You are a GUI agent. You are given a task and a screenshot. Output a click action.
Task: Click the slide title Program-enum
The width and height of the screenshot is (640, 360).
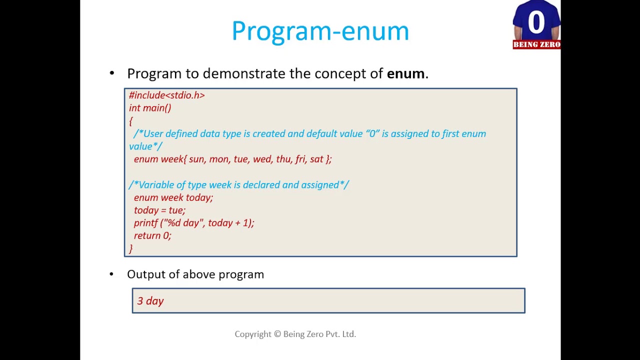pos(320,31)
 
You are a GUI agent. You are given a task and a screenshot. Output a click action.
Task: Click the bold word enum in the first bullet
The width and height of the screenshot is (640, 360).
pos(405,73)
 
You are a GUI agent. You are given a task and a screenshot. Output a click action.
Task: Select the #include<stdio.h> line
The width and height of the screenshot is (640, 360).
pos(166,95)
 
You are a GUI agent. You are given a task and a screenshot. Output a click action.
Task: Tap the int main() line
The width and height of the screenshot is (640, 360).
pos(150,108)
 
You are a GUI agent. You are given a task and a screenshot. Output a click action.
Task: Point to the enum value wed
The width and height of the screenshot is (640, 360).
pos(261,159)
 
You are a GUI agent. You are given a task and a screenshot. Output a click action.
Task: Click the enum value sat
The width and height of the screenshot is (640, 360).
pos(316,159)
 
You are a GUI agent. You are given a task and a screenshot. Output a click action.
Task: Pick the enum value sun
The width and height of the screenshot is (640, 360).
pos(196,159)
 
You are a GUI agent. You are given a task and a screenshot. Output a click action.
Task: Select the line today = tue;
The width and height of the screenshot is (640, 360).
pos(159,210)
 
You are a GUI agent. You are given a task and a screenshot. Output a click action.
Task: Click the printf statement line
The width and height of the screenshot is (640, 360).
pos(194,223)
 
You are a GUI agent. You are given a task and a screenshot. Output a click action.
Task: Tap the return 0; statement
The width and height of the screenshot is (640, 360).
pos(152,235)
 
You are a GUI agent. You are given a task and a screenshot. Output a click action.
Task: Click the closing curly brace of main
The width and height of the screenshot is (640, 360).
pos(131,248)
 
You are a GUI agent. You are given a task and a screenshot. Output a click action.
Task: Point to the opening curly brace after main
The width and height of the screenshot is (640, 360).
pos(131,121)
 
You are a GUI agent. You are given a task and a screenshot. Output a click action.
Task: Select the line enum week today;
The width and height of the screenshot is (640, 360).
pos(173,197)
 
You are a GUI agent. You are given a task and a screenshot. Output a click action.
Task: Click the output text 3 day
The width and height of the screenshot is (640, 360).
pos(150,301)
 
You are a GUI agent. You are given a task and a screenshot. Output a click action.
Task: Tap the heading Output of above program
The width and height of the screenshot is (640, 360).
pos(195,274)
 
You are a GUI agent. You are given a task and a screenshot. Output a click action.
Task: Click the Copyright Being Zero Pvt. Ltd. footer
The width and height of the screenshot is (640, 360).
pos(295,334)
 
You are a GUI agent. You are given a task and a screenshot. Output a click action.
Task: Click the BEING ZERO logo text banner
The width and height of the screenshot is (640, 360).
pos(536,44)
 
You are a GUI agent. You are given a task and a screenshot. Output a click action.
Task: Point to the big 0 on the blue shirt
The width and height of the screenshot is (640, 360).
pos(536,22)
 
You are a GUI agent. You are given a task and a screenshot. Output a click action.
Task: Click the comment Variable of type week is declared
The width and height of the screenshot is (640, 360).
pos(239,185)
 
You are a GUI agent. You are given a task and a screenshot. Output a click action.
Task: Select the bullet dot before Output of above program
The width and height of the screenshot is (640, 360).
pos(111,274)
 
